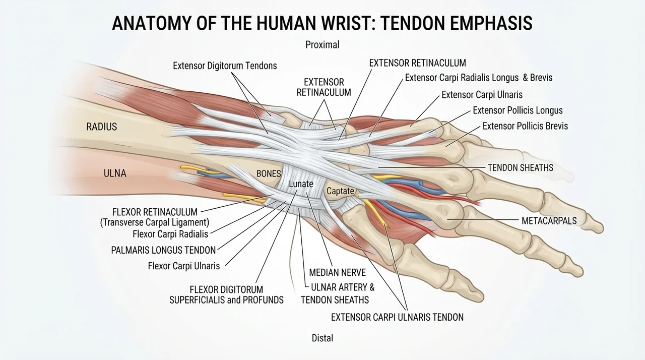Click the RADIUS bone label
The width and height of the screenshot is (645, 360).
(x=102, y=127)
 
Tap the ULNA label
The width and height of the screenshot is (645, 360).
(x=115, y=173)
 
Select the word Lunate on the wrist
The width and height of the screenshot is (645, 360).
(x=301, y=184)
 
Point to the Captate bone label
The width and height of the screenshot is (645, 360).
(x=340, y=191)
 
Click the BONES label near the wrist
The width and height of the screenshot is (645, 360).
(x=269, y=173)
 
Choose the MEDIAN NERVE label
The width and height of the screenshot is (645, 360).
(x=338, y=272)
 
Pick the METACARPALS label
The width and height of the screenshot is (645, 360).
(x=549, y=221)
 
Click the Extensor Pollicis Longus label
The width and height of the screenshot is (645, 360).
(x=518, y=110)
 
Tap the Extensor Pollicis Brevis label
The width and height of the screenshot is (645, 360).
(x=525, y=126)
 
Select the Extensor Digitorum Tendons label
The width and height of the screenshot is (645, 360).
(x=225, y=66)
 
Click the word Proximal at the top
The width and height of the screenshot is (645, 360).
(x=322, y=45)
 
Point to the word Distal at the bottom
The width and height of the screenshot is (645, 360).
(x=322, y=338)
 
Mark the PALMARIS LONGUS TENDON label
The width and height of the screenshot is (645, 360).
(x=163, y=250)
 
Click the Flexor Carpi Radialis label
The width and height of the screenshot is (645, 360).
(x=170, y=234)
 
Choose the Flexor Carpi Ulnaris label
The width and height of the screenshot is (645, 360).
(x=184, y=266)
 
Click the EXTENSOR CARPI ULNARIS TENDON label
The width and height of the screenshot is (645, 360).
(x=398, y=317)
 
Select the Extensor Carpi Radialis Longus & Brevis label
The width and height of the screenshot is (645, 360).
(x=479, y=78)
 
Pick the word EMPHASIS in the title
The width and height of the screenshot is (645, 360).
(x=491, y=23)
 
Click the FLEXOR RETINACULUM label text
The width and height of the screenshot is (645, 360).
(x=155, y=212)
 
